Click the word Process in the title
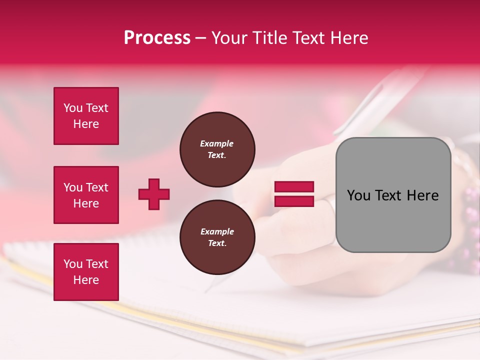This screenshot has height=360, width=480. point(157,38)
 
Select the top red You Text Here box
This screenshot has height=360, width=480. point(86,116)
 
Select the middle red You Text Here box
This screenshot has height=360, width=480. point(86,195)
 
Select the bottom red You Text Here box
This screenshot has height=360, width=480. point(86,271)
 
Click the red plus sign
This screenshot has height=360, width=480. point(154,194)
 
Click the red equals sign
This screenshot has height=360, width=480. point(294,194)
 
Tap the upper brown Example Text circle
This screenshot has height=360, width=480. point(217,149)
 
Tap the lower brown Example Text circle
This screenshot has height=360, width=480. point(217,237)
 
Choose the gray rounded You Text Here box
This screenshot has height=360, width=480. point(393,195)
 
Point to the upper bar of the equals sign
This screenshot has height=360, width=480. point(294,187)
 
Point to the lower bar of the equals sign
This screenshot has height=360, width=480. point(294,201)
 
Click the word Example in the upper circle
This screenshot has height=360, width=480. point(217,143)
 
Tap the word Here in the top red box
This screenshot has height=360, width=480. point(86,124)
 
